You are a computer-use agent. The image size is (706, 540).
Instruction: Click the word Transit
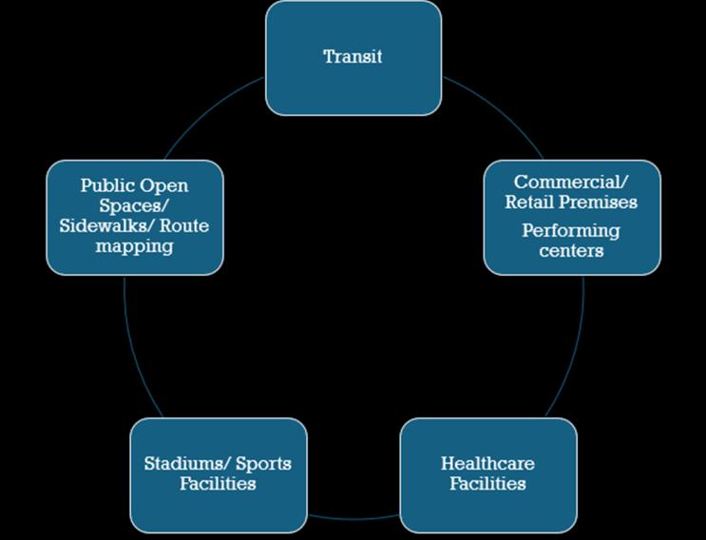coord(353,56)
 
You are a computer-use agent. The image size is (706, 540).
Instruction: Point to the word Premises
coord(598,202)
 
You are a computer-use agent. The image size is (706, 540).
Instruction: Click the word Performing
coord(571,231)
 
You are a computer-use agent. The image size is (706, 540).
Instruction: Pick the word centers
coord(571,251)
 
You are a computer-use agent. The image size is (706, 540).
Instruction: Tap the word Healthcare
coord(487,464)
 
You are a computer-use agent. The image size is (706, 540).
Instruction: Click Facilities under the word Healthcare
coord(487,484)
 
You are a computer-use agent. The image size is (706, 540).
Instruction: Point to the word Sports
coord(261,464)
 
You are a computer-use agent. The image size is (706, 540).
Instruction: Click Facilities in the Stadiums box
coord(218,484)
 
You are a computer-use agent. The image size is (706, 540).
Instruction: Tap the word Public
coord(107,185)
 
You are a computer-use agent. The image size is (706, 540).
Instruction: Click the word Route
coord(186,226)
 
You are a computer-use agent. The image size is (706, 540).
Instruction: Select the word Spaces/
coord(134,205)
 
